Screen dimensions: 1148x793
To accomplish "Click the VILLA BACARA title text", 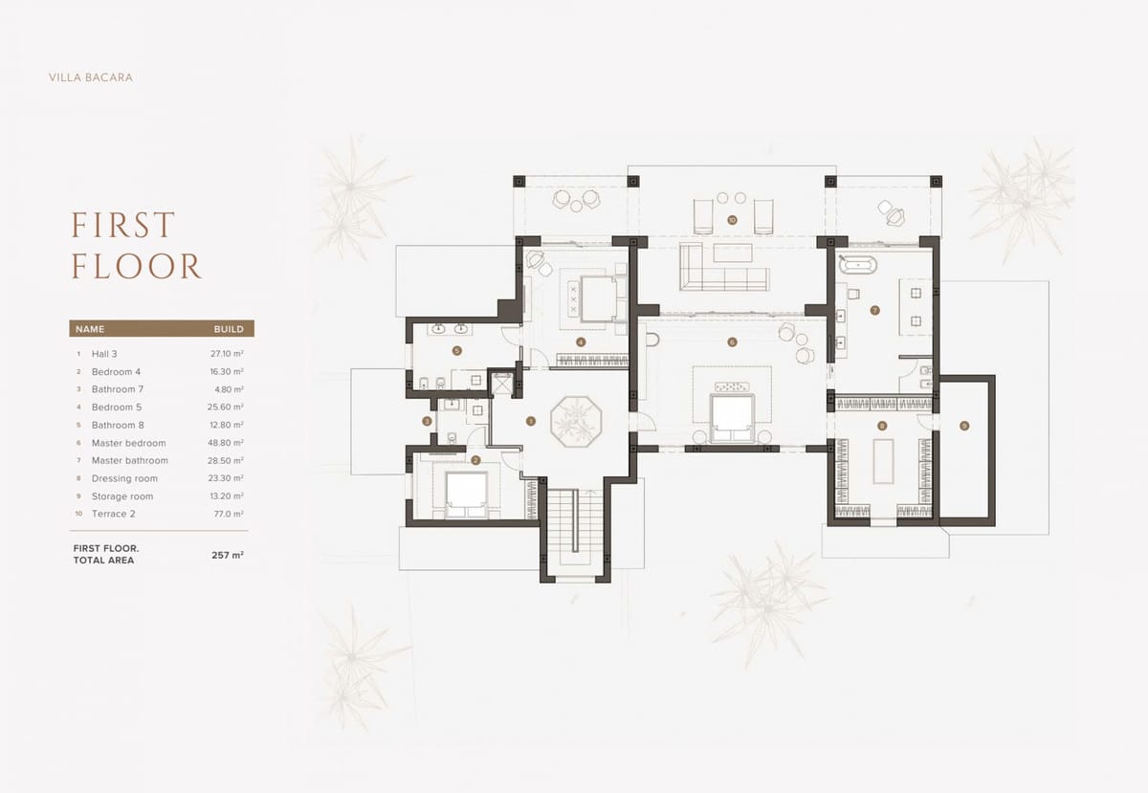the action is (91, 77).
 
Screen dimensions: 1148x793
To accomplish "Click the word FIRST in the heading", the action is (123, 225).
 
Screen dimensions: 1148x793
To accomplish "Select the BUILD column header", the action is (229, 329).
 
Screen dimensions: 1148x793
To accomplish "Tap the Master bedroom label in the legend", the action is (128, 443).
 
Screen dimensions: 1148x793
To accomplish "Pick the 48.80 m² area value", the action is (226, 443).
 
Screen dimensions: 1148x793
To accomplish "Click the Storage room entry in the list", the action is (122, 496).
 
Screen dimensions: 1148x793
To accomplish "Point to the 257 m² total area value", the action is (228, 555).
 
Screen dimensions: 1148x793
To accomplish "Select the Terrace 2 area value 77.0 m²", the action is (229, 514).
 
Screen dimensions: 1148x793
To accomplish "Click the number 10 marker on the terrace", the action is (732, 220).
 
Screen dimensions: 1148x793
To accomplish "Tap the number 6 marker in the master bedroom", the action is (732, 341).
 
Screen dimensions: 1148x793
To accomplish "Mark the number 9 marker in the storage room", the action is (964, 426).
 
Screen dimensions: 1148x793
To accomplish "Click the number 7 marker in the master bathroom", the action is (874, 310).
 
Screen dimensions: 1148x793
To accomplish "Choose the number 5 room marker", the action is (457, 351).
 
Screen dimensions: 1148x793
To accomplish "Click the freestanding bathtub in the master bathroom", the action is (857, 265).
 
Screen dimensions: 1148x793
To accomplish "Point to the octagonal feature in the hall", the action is (576, 421).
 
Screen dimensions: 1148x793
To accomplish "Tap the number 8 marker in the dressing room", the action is (882, 426).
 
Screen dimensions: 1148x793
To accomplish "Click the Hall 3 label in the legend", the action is (104, 354).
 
